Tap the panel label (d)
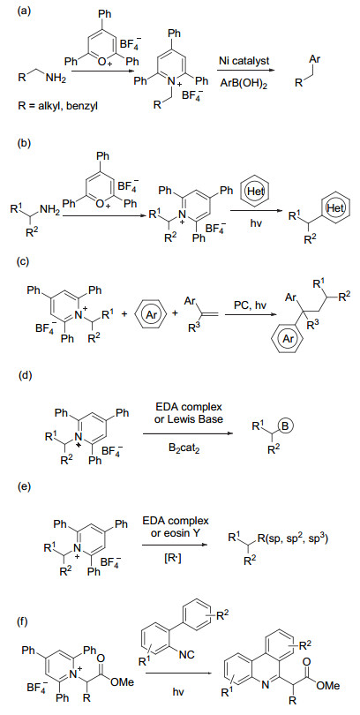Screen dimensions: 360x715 pos(23,376)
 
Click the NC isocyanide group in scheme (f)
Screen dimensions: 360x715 pos(188,655)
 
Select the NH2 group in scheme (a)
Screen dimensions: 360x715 pos(56,80)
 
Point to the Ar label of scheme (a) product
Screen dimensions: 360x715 pos(314,60)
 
